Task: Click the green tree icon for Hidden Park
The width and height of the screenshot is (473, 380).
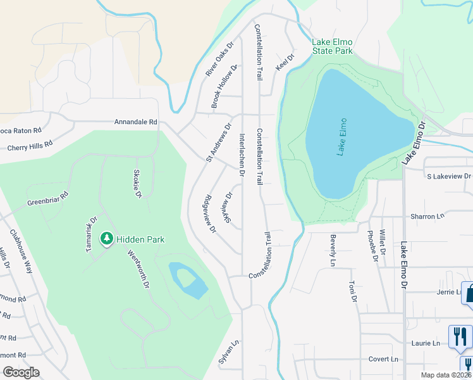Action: point(107,239)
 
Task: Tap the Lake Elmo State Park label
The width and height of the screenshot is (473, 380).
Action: point(332,46)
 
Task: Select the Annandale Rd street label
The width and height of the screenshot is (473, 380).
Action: point(135,122)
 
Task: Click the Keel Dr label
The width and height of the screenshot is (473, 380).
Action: point(285,62)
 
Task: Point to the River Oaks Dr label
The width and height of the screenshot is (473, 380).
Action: point(219,60)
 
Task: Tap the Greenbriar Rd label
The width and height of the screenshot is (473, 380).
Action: point(47,199)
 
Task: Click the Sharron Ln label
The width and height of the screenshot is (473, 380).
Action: point(427,217)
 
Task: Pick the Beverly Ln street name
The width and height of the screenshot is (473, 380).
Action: point(333,250)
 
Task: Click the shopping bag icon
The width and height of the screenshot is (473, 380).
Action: point(469,294)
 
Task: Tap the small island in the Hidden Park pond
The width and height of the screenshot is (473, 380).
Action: point(184,277)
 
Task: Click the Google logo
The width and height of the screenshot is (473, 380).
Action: point(21,372)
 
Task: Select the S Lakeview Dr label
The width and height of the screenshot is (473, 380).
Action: point(449,176)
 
